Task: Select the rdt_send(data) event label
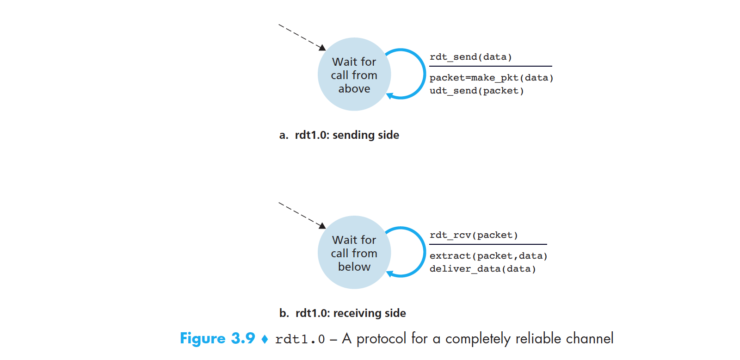tap(470, 57)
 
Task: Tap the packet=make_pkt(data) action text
tap(491, 78)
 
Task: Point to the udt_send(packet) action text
tap(476, 91)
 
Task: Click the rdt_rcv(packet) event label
tap(473, 235)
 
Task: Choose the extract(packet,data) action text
tap(488, 256)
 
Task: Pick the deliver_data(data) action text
tap(482, 269)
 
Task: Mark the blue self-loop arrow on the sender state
tap(424, 74)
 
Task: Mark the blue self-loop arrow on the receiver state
tap(424, 252)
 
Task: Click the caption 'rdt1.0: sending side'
tap(347, 135)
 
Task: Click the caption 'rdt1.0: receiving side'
tap(351, 313)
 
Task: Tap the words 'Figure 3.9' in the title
tap(217, 338)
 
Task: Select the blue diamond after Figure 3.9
tap(265, 339)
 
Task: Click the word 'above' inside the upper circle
tap(354, 89)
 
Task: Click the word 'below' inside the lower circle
tap(354, 267)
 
